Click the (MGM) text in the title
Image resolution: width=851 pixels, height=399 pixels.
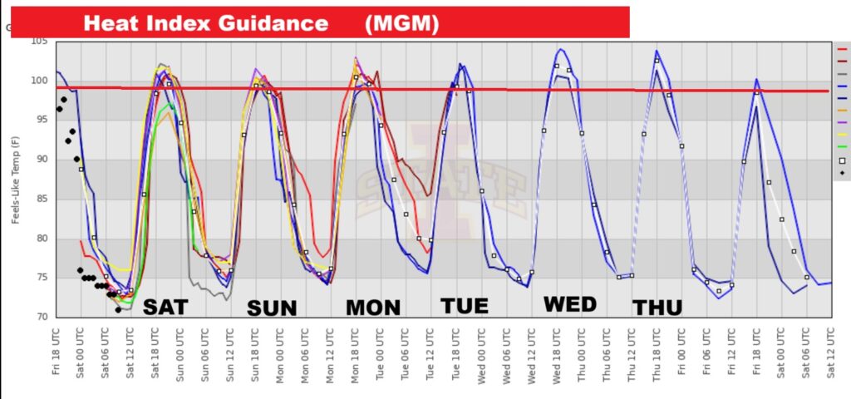(401, 23)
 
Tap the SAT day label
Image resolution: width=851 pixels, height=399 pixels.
(165, 308)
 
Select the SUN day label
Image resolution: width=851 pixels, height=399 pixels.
(272, 308)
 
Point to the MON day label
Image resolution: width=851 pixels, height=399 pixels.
(373, 308)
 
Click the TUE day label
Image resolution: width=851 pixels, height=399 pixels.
(465, 306)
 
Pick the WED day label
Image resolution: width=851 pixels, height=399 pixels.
(570, 304)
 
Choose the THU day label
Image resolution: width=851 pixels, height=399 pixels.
(657, 308)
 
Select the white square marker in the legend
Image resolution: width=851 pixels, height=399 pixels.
(842, 160)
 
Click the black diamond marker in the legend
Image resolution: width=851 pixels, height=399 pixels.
(842, 172)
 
